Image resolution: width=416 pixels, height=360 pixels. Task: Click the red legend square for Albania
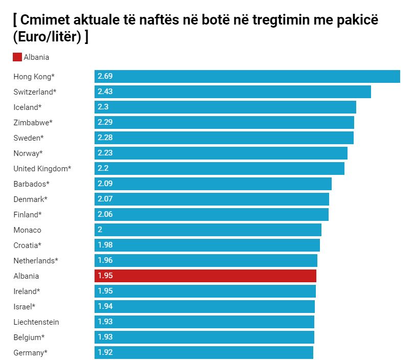click(17, 57)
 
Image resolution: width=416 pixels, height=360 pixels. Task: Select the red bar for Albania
click(205, 276)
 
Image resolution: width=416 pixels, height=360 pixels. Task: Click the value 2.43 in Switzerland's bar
click(105, 92)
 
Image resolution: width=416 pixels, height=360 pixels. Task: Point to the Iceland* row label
click(28, 107)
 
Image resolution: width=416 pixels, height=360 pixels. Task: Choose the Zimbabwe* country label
click(33, 123)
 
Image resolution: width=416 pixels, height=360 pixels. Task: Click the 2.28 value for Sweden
click(105, 138)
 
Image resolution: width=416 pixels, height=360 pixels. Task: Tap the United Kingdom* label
click(42, 169)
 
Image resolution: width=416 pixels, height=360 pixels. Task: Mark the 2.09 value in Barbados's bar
click(105, 184)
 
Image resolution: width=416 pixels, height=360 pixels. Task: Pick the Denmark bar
click(212, 199)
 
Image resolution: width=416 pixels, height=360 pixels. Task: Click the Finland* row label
click(28, 215)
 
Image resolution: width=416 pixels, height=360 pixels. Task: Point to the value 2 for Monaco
click(100, 230)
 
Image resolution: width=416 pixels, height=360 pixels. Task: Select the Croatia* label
click(28, 245)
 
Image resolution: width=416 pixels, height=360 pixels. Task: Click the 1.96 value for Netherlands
click(105, 260)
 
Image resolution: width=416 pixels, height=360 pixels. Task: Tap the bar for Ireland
click(205, 291)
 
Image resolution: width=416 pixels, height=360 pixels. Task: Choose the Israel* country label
click(25, 307)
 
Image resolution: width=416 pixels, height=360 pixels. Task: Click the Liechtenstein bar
click(204, 322)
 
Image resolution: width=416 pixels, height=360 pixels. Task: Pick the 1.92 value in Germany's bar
click(105, 352)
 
